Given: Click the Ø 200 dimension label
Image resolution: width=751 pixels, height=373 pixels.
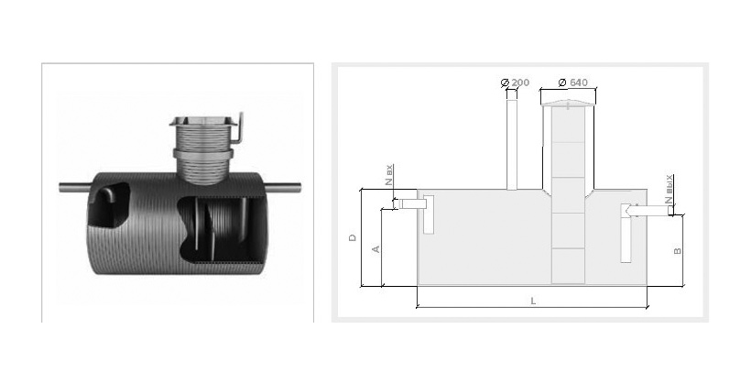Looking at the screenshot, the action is [515, 82].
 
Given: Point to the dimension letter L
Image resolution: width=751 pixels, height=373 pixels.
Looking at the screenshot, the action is [533, 302].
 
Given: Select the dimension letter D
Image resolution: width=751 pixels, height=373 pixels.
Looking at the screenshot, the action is [353, 237].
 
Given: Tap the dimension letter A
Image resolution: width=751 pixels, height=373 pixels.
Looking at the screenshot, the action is [376, 249].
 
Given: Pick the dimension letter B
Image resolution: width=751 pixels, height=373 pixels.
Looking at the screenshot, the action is [677, 251].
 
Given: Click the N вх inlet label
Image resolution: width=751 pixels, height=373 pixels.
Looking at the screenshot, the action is [389, 175].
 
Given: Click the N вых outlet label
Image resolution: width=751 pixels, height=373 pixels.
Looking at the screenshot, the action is [669, 191].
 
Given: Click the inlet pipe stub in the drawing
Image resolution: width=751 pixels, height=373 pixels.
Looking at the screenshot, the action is [413, 204].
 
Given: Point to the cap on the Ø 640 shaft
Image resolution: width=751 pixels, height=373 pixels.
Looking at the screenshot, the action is [568, 103].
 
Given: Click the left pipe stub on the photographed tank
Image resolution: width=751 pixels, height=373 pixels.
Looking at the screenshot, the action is [75, 188].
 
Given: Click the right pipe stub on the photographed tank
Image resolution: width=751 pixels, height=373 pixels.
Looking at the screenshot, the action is [283, 188].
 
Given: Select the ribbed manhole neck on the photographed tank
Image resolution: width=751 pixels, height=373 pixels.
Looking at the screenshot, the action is [203, 154].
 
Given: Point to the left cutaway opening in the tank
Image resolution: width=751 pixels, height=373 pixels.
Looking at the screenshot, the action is [109, 206].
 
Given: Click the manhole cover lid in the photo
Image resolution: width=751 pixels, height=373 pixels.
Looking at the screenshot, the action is [203, 121].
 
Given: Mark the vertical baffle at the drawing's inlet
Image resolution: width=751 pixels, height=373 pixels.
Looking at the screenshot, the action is [429, 214].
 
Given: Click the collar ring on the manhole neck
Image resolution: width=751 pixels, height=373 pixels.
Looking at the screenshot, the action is [203, 154].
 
